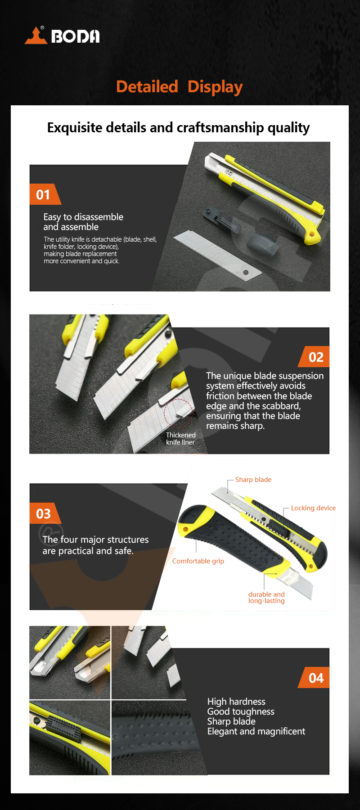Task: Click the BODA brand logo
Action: pos(62,36)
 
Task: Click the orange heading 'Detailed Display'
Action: pos(180,86)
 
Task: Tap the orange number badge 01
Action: pos(45,194)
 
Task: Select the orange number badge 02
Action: pos(314,357)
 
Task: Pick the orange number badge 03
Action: pos(45,513)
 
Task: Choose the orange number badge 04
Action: pos(314,678)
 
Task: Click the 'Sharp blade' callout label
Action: pos(253,480)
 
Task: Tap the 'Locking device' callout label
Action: pos(313,508)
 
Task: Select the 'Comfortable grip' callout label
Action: pos(198,561)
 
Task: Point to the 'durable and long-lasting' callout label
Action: pos(266,598)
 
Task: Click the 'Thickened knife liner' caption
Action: pos(180,439)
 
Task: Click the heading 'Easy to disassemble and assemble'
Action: pos(83,222)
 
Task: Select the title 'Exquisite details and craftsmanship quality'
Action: pos(179,128)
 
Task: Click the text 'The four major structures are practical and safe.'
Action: pos(95,545)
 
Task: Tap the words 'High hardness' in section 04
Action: pos(236,702)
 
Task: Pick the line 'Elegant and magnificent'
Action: pos(256,732)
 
